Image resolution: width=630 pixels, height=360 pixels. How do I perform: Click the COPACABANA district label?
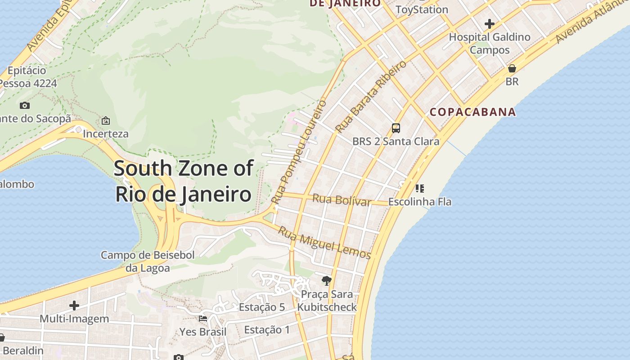[472, 112]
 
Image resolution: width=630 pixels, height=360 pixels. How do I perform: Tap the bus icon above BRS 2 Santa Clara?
[396, 128]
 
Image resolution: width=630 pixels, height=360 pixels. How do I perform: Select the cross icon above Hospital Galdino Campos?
[490, 24]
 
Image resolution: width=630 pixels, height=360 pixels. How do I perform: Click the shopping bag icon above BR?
[512, 68]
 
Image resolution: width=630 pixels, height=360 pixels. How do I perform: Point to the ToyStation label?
[422, 9]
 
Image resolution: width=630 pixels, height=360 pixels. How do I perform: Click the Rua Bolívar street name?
[342, 199]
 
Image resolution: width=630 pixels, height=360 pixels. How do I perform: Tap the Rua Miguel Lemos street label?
[324, 243]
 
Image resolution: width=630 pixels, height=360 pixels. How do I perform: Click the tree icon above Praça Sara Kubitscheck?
[327, 281]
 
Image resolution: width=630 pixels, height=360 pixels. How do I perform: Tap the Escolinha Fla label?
[420, 202]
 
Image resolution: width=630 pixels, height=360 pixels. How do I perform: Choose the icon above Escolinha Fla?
[420, 188]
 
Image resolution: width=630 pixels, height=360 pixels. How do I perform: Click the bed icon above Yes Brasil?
[203, 319]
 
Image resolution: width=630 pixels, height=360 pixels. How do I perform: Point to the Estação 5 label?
[262, 307]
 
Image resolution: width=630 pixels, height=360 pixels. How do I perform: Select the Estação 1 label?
[267, 330]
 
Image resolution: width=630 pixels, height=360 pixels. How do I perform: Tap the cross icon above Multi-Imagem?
[74, 306]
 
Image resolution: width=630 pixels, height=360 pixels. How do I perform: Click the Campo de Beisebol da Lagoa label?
[148, 261]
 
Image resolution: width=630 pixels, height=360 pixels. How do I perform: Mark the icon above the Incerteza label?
[106, 121]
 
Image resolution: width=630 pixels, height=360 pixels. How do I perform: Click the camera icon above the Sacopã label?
[25, 106]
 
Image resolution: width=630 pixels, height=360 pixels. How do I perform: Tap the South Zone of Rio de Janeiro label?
[184, 181]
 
